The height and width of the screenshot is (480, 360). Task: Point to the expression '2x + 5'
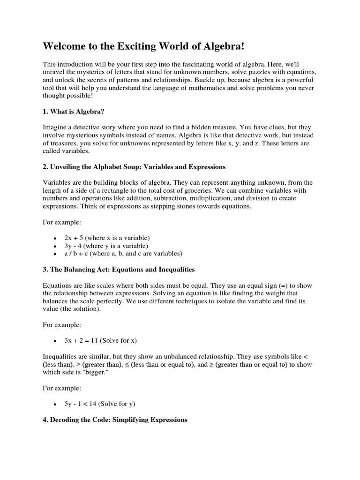(74, 238)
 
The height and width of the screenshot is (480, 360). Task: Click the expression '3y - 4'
(74, 246)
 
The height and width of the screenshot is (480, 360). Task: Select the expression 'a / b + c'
(77, 254)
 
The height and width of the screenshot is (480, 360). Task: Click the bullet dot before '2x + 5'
(55, 238)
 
